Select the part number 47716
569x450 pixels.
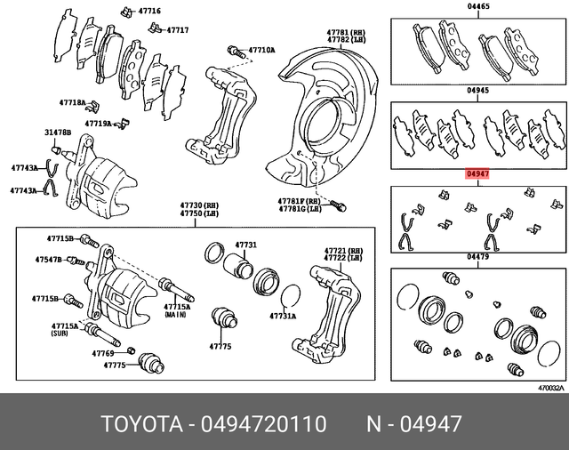tap(148, 11)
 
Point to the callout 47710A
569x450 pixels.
tap(261, 51)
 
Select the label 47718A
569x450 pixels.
tap(73, 104)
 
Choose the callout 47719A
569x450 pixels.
tap(98, 124)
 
